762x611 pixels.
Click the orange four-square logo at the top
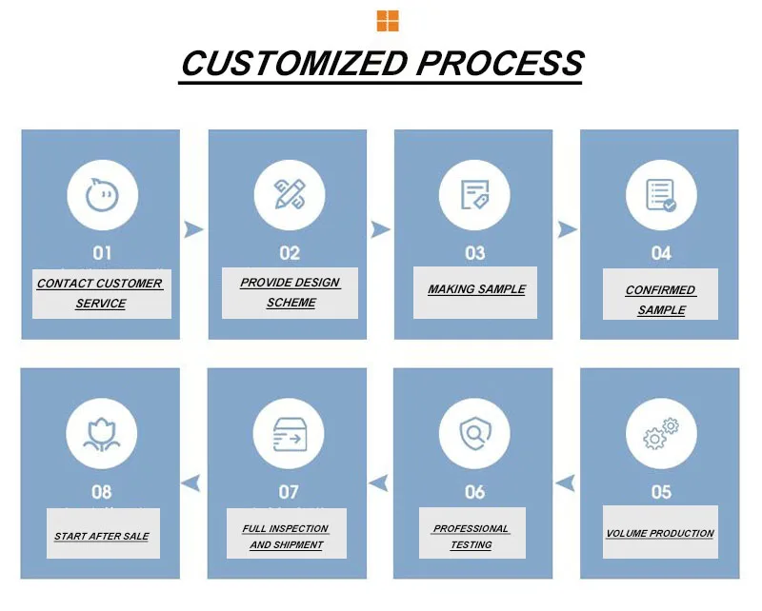click(x=388, y=21)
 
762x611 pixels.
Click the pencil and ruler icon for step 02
click(x=289, y=194)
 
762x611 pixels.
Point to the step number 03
click(x=474, y=253)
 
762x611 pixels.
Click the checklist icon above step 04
click(x=661, y=194)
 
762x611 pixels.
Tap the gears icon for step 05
click(x=661, y=434)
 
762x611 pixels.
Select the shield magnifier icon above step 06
click(x=474, y=434)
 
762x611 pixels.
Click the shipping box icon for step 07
click(x=289, y=434)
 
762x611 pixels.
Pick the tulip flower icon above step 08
click(x=102, y=434)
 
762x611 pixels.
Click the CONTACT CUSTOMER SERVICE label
click(x=100, y=293)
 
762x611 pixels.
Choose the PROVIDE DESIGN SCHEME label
click(x=291, y=292)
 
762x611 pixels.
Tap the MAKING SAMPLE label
click(x=476, y=289)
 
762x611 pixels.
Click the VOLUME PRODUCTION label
click(x=660, y=534)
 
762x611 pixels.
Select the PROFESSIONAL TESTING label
click(x=471, y=536)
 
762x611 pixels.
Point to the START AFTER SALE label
click(x=102, y=537)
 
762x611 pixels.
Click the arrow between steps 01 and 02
click(x=193, y=229)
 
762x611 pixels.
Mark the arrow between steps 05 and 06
click(x=566, y=483)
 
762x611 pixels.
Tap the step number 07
click(x=289, y=492)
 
